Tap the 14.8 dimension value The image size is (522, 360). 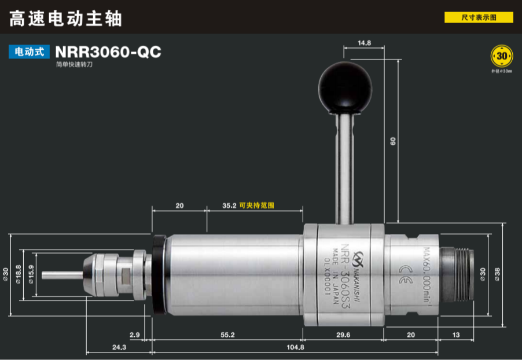click(364, 43)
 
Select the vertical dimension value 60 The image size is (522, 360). click(393, 141)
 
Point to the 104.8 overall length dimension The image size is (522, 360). click(295, 347)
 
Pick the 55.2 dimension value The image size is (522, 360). click(227, 335)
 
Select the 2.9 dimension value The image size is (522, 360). click(134, 335)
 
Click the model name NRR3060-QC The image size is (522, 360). click(108, 53)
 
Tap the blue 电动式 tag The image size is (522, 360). click(28, 52)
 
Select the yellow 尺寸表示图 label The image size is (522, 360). click(479, 18)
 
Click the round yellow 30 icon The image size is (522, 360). click(501, 56)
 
